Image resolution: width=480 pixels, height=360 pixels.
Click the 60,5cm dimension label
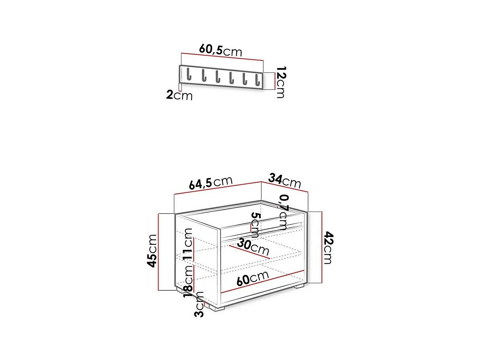[x=221, y=51]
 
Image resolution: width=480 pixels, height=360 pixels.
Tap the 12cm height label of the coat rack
[x=281, y=82]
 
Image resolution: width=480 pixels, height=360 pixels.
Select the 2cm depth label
[x=179, y=96]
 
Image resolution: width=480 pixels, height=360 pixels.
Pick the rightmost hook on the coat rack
[x=258, y=80]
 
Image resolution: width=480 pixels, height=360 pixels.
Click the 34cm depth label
[x=285, y=181]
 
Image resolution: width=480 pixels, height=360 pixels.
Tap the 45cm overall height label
[x=152, y=251]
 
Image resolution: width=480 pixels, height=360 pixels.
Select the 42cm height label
[x=328, y=248]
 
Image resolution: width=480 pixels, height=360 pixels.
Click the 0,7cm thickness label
[x=283, y=212]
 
